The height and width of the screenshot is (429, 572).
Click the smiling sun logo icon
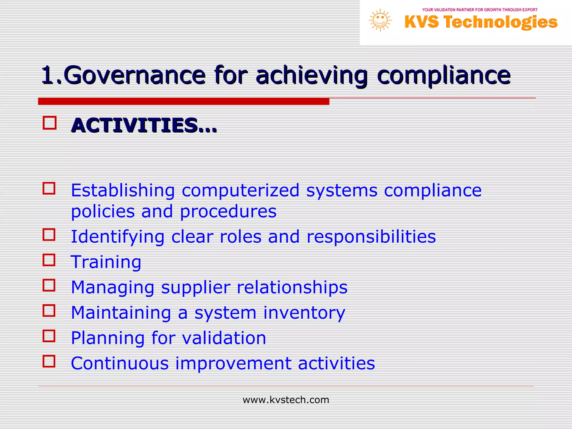click(380, 20)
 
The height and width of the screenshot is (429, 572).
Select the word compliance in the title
click(444, 75)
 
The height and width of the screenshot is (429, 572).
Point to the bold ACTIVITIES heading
click(144, 125)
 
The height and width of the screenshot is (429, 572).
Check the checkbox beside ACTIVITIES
click(49, 123)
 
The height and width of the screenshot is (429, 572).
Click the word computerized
click(240, 191)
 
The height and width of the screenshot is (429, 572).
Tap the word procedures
click(228, 211)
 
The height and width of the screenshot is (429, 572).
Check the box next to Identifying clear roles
click(49, 235)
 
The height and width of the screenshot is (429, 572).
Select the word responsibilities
click(371, 237)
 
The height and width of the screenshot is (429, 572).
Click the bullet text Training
click(106, 262)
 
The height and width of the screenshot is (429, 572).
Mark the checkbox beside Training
click(49, 260)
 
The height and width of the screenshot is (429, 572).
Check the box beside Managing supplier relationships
click(49, 285)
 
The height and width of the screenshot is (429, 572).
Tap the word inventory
click(304, 313)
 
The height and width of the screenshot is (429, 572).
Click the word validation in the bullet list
click(224, 338)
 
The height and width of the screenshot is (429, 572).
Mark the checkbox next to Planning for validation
click(49, 336)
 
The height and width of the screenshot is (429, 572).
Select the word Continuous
click(120, 363)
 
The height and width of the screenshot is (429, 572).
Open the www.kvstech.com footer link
click(286, 400)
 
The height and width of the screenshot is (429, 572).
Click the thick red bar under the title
click(183, 101)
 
